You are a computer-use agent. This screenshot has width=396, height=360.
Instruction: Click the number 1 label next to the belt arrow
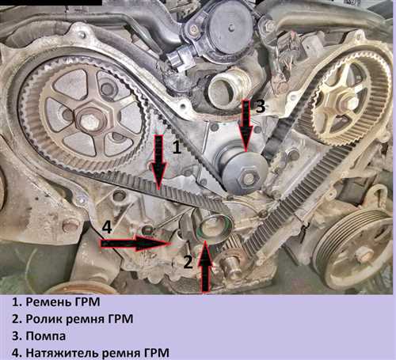coord(177,147)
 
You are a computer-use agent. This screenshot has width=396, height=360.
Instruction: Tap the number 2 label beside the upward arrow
coord(188,262)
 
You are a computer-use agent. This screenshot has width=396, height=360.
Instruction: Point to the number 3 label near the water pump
coord(261,106)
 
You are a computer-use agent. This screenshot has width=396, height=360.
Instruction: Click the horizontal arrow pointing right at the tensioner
coord(135,243)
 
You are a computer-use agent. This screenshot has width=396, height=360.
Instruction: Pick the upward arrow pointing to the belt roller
coord(205,266)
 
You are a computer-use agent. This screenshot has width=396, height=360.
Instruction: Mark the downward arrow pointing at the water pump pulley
coord(246,126)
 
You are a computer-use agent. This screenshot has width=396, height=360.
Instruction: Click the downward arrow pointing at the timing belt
coord(158,161)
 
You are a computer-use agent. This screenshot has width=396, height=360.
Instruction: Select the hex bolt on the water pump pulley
coord(249,179)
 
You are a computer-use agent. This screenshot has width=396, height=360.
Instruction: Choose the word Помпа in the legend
coord(46,336)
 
